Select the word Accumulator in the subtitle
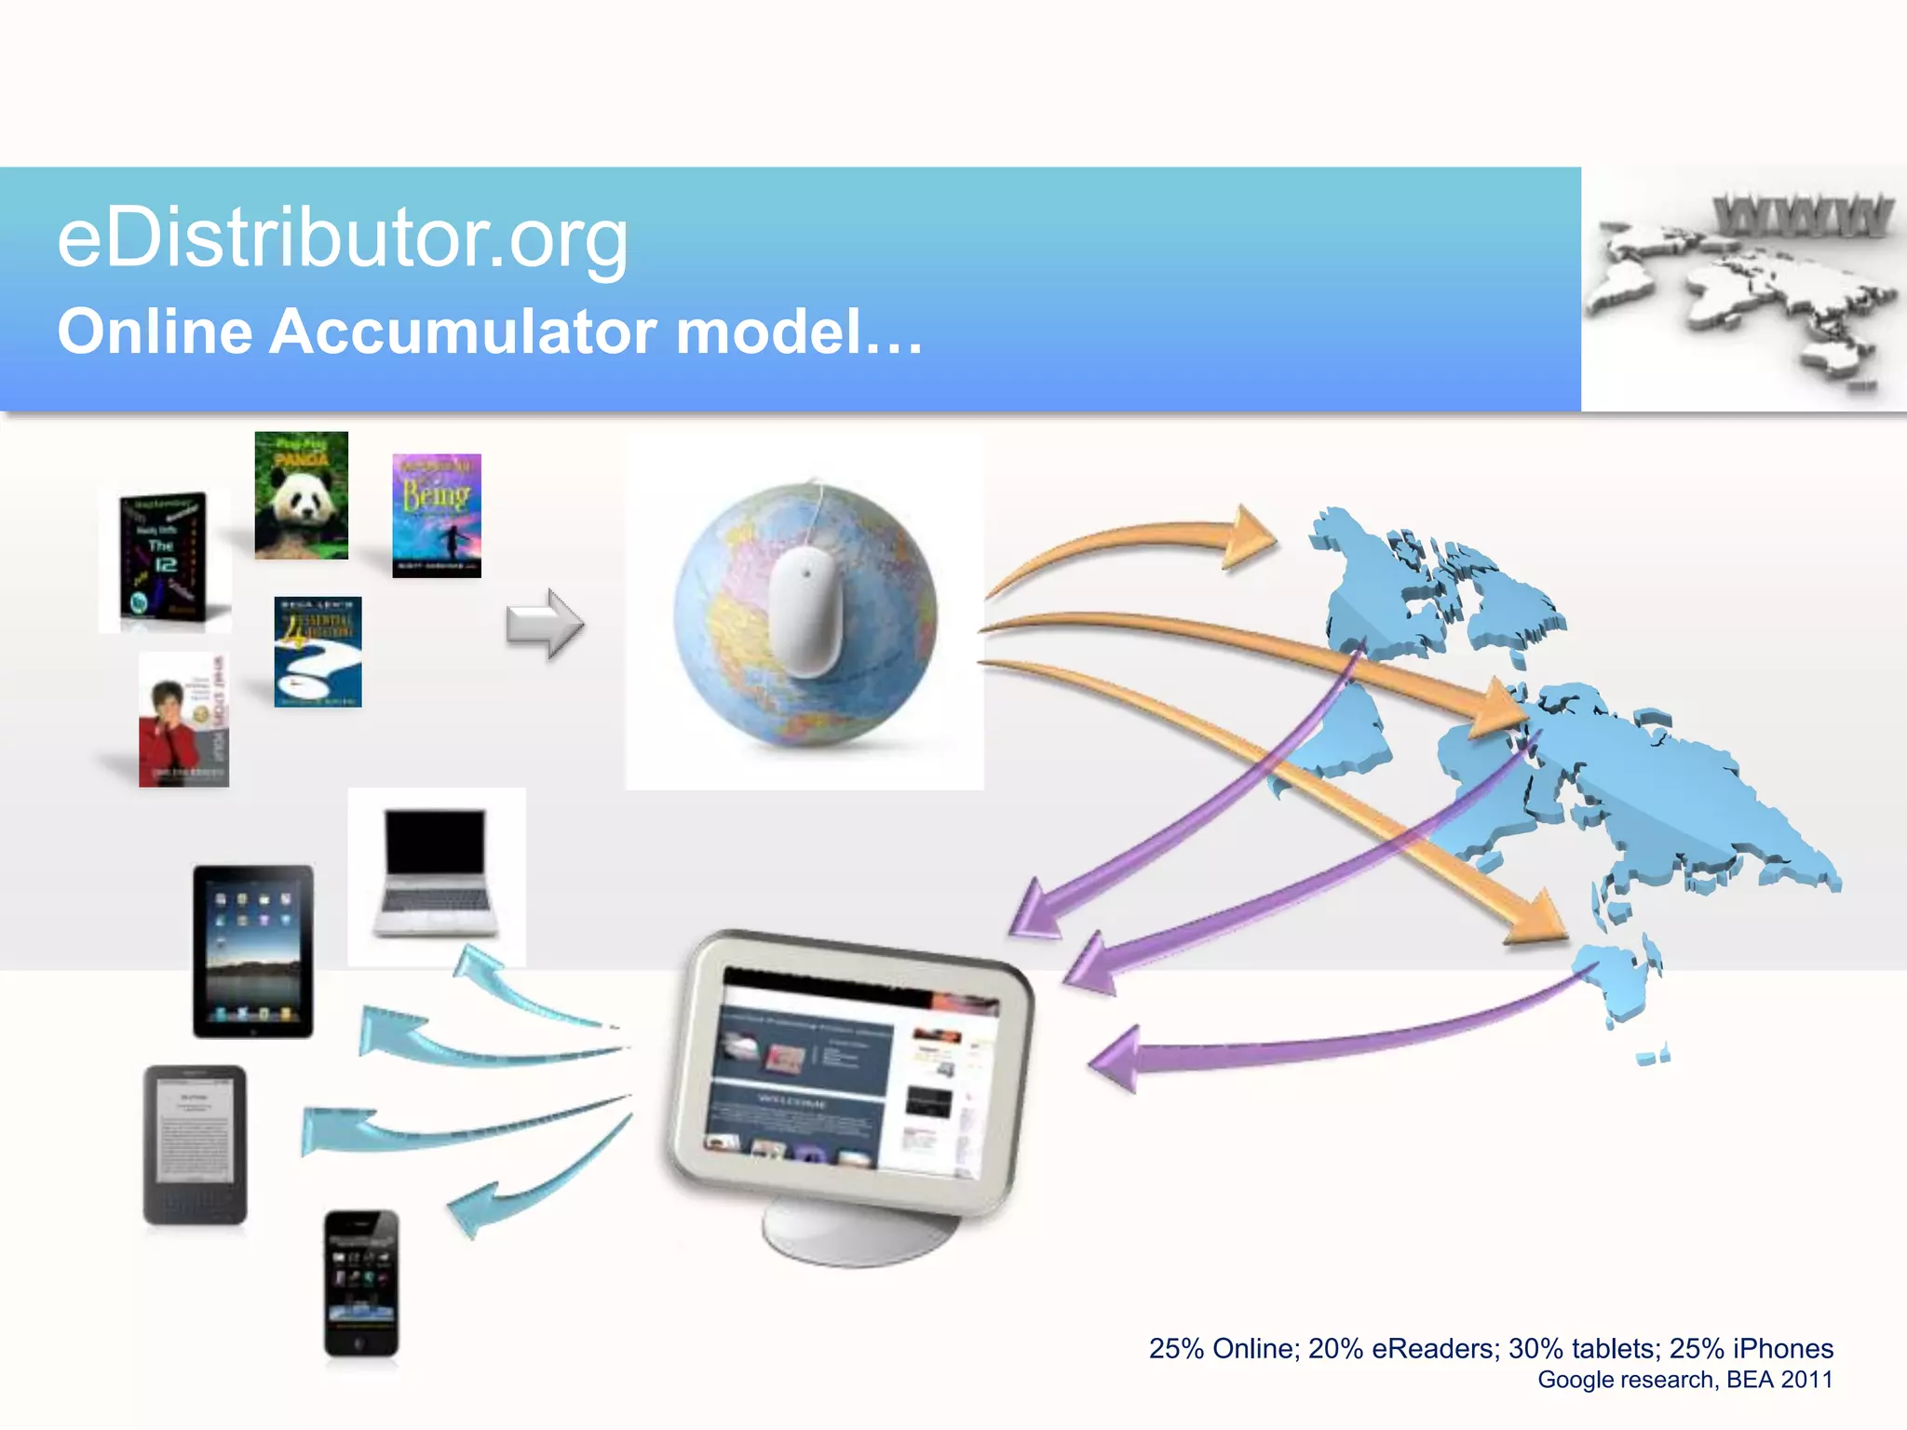click(x=465, y=331)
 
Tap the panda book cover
click(x=301, y=495)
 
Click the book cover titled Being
click(x=437, y=515)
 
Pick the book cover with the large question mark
click(x=318, y=652)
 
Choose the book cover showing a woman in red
click(x=183, y=720)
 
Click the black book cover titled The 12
click(x=164, y=558)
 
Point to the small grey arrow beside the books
click(x=545, y=624)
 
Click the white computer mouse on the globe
click(x=806, y=609)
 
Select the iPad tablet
click(x=253, y=951)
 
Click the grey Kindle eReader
click(x=195, y=1144)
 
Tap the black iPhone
click(x=361, y=1283)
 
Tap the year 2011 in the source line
click(x=1806, y=1380)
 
